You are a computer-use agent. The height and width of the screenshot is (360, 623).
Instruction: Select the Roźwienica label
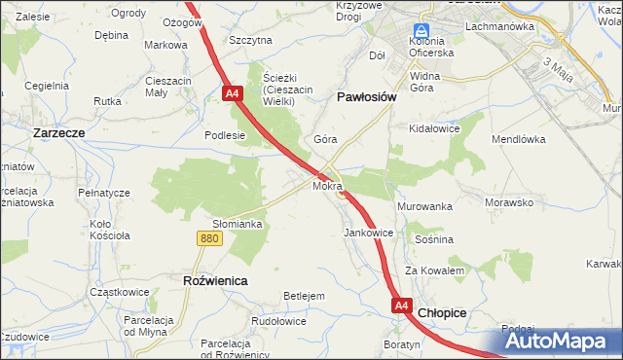[x=215, y=279]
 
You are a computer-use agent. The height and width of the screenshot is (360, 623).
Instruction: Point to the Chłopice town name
[x=442, y=312]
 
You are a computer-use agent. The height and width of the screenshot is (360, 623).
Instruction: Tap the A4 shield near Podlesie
[x=232, y=94]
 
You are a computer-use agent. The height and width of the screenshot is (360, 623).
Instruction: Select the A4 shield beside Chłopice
[x=402, y=306]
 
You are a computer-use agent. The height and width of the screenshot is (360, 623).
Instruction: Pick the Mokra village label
[x=327, y=185]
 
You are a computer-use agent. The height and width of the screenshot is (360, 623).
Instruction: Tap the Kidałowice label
[x=434, y=128]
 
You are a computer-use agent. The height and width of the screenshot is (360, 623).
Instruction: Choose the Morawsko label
[x=509, y=203]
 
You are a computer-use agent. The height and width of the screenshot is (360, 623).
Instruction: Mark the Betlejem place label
[x=303, y=296]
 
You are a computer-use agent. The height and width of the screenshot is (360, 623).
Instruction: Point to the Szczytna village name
[x=250, y=40]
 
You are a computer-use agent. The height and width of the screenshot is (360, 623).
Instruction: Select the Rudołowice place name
[x=279, y=321]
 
